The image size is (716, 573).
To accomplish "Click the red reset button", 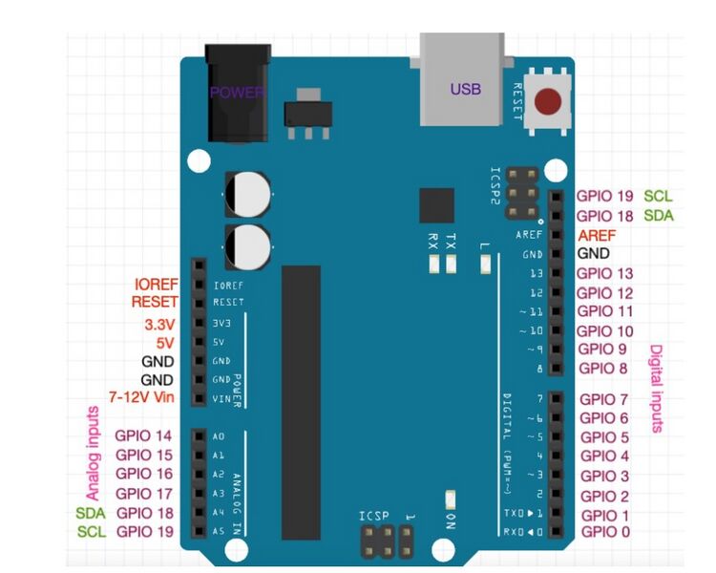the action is [548, 101].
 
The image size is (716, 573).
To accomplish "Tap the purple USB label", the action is [465, 89].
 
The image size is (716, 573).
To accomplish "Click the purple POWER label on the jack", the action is [237, 93].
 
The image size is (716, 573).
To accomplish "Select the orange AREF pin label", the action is [597, 235].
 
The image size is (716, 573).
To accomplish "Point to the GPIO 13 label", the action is [605, 273].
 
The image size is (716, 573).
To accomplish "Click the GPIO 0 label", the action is [605, 531].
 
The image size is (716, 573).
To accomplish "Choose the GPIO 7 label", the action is [603, 399].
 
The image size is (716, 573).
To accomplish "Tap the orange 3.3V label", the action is [159, 325].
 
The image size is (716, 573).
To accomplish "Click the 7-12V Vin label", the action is [141, 397].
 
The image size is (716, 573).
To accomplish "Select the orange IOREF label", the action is [156, 285].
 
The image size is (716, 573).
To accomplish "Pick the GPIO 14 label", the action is [143, 435].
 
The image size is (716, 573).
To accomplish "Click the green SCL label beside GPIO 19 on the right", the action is [658, 196].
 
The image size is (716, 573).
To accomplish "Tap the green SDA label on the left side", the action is [91, 513].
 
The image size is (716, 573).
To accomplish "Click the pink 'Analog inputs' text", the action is [93, 454].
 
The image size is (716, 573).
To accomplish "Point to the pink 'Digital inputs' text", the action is [656, 389].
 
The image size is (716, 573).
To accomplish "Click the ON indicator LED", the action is [451, 499].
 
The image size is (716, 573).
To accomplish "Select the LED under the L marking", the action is [485, 265].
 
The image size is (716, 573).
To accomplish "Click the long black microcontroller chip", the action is [301, 403].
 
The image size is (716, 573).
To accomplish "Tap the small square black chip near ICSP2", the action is [436, 205].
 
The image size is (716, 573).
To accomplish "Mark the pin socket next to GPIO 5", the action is [556, 436].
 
